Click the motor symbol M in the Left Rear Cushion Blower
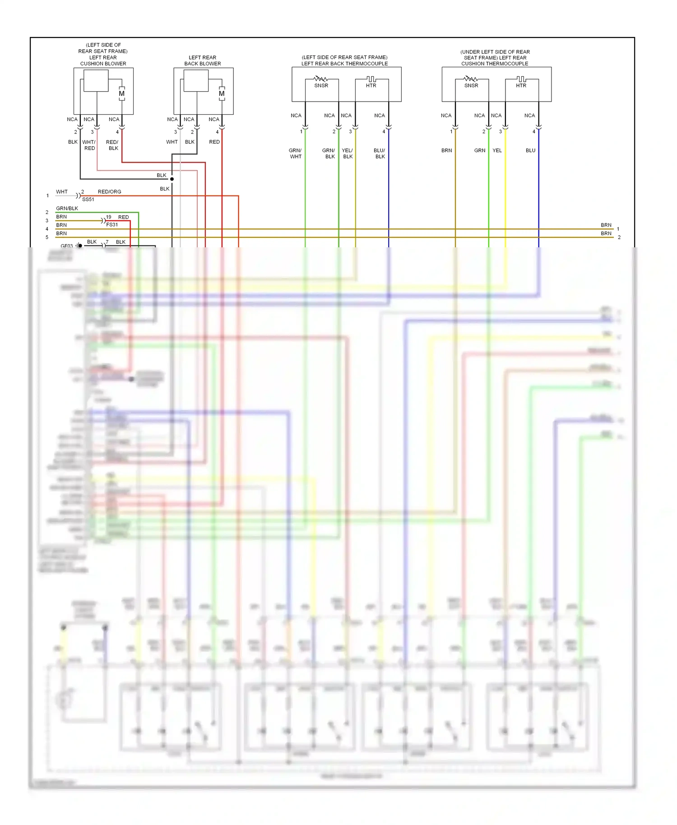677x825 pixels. tap(121, 93)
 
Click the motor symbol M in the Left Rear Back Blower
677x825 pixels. tap(222, 93)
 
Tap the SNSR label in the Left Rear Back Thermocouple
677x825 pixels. tap(321, 85)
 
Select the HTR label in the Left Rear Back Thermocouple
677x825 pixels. tap(371, 85)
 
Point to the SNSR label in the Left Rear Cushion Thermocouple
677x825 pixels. tap(471, 85)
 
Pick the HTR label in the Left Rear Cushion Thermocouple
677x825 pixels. tap(521, 85)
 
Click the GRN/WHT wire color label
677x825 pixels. tap(295, 153)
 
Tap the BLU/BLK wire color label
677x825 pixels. tap(380, 153)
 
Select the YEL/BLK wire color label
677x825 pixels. tap(348, 153)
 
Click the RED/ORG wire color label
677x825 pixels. tap(109, 192)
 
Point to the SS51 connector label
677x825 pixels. tap(88, 199)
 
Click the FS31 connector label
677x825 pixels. tap(112, 225)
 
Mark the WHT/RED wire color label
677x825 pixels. tap(89, 145)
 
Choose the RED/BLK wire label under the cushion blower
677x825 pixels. tap(112, 145)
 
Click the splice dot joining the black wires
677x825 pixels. tap(172, 179)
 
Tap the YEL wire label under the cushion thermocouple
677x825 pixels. tap(497, 151)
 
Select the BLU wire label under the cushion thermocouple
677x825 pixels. tap(530, 151)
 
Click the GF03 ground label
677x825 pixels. tap(66, 246)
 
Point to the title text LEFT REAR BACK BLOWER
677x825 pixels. tap(203, 60)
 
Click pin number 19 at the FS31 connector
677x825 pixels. tap(108, 217)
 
